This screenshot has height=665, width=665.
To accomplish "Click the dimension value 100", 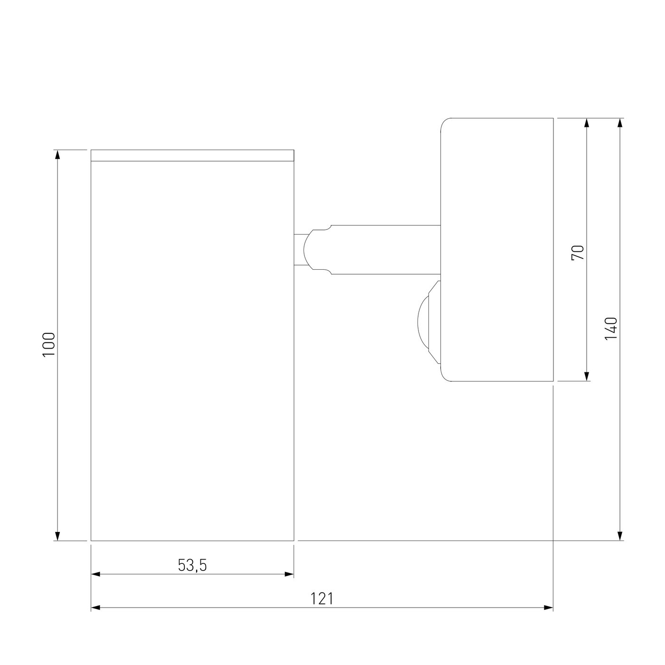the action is point(48,345).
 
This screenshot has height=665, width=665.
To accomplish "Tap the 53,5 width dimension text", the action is point(192,565).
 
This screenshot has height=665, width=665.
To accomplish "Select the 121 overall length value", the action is point(322,599).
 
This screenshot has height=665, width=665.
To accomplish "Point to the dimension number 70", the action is point(578,252).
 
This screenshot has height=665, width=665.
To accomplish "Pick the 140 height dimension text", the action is point(611,328).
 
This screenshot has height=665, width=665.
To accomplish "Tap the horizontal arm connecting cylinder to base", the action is point(385,249).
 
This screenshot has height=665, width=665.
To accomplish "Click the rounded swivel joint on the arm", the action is point(317,249).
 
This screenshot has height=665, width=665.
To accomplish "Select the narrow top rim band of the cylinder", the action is point(192,155).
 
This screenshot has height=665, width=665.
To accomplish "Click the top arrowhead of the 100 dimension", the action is point(57,155).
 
